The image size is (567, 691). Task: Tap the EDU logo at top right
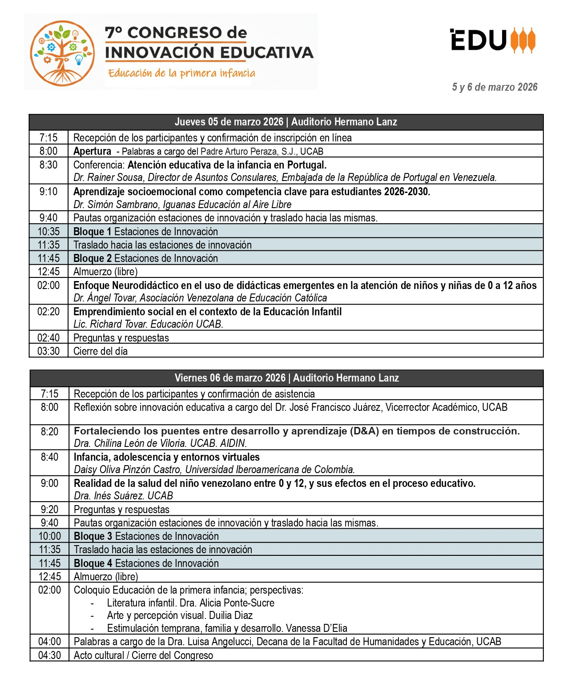pyautogui.click(x=493, y=40)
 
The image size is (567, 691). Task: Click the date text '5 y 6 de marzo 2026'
pyautogui.click(x=495, y=87)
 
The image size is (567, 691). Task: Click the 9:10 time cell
pyautogui.click(x=48, y=192)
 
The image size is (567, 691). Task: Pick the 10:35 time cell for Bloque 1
pyautogui.click(x=48, y=232)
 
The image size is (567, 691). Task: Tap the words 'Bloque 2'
pyautogui.click(x=92, y=258)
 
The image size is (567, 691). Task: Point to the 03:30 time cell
pyautogui.click(x=48, y=351)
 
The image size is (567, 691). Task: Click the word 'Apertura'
pyautogui.click(x=92, y=151)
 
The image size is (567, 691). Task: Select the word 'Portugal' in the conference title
pyautogui.click(x=306, y=165)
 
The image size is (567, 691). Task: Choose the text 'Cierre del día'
pyautogui.click(x=101, y=351)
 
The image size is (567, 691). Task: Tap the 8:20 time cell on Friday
pyautogui.click(x=49, y=431)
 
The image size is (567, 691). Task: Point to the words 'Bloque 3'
pyautogui.click(x=93, y=536)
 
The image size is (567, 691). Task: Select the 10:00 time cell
pyautogui.click(x=49, y=536)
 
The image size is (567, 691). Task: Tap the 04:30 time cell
pyautogui.click(x=49, y=655)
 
